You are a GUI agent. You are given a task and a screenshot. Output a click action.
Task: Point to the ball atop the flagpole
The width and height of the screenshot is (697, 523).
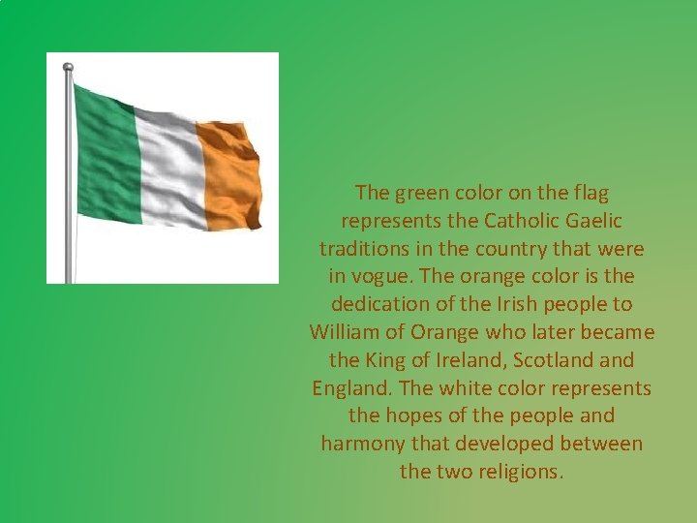click(68, 68)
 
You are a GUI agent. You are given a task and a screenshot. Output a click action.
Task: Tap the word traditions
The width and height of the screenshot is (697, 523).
click(363, 249)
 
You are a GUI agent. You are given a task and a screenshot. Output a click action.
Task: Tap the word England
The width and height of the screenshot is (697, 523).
click(351, 388)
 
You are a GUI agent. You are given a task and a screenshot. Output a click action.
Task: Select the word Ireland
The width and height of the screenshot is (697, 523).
click(470, 360)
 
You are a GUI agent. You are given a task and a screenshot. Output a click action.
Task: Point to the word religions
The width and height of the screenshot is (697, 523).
click(521, 472)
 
